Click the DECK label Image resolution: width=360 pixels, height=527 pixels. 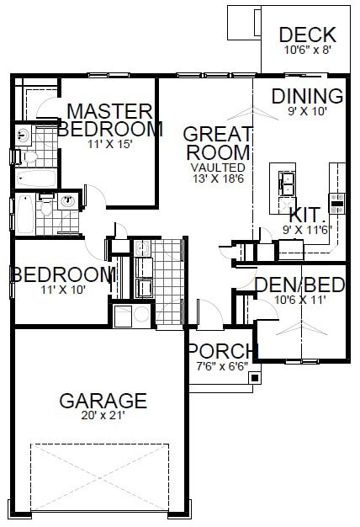(307, 35)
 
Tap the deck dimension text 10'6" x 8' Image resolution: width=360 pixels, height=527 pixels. (307, 49)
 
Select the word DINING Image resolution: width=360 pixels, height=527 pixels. (307, 96)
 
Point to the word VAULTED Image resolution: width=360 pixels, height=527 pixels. (217, 168)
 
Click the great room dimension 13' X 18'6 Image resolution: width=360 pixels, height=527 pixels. (217, 178)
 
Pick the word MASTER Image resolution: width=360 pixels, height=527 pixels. (110, 110)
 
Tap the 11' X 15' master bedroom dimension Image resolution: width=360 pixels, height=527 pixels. (110, 143)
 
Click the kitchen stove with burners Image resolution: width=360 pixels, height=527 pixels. (337, 203)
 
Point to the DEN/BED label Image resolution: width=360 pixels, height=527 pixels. (300, 285)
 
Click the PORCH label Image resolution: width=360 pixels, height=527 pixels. (223, 350)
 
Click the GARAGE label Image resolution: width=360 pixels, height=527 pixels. (103, 401)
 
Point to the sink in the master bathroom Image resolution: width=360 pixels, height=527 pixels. (23, 134)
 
